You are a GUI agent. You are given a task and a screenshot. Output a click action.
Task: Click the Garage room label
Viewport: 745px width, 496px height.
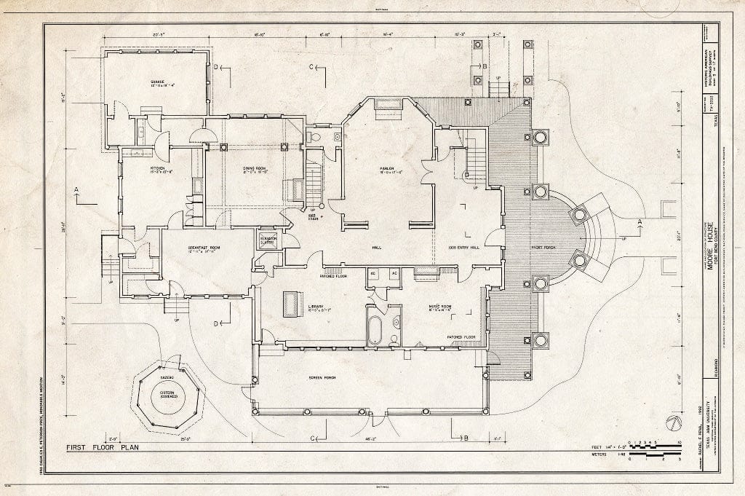click(x=156, y=82)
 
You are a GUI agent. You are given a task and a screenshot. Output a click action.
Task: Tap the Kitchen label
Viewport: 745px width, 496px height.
click(x=159, y=168)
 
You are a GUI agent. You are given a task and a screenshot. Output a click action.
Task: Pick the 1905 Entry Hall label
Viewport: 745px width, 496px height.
click(x=463, y=248)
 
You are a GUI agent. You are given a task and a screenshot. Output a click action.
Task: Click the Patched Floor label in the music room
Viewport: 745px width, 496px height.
click(x=461, y=337)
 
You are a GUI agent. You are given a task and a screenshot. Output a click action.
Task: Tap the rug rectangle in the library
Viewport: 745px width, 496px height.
click(x=292, y=303)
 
